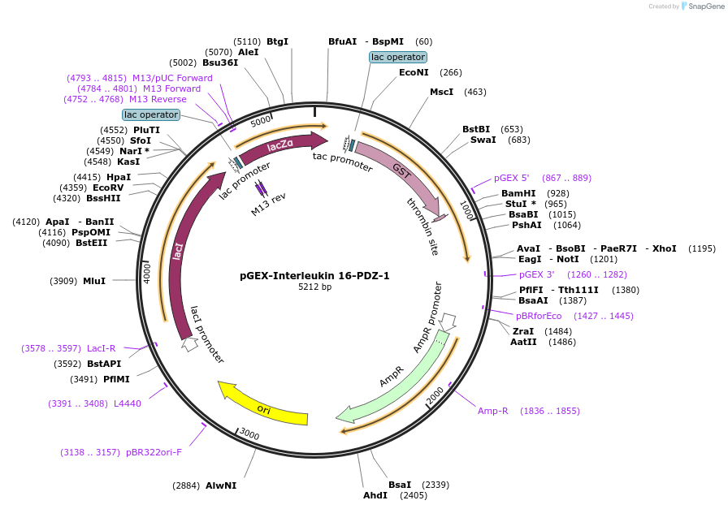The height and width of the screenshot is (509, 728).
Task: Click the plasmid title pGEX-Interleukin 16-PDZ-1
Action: [314, 275]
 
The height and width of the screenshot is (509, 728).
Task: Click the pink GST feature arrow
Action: [401, 171]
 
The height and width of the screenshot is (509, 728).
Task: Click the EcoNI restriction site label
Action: [414, 72]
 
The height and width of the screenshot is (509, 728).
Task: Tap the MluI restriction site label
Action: [94, 281]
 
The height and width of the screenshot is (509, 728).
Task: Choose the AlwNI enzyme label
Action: [220, 485]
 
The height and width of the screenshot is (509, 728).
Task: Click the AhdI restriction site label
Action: [375, 495]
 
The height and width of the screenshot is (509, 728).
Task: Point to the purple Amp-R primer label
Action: [492, 411]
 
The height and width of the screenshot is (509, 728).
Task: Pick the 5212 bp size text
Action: [314, 287]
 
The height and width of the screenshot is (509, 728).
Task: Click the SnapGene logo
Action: [695, 6]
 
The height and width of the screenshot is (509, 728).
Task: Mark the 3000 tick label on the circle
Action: [249, 435]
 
